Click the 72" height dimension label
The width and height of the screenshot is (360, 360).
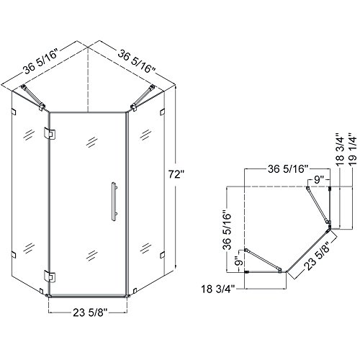pos(176,174)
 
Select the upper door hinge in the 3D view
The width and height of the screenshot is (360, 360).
pos(50,133)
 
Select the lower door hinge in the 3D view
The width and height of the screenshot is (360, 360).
pos(50,276)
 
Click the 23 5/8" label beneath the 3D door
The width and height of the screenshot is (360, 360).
pos(90,312)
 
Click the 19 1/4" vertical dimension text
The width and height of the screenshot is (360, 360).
pos(354,148)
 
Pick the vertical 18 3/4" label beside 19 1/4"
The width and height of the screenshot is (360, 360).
pos(341,149)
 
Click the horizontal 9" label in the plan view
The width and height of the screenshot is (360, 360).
pos(319,179)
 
